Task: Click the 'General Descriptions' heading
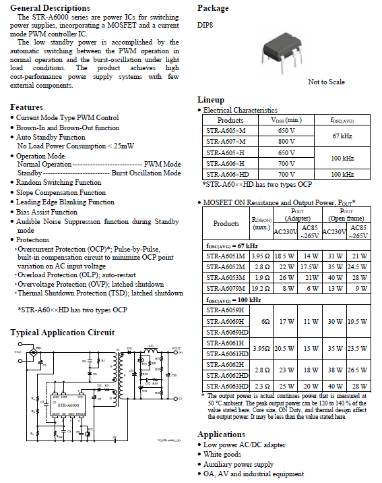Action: click(50, 7)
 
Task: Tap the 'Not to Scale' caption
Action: click(326, 82)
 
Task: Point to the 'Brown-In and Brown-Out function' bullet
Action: click(67, 127)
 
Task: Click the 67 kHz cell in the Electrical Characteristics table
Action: click(342, 136)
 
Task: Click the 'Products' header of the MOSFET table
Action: click(226, 223)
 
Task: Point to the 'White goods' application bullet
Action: click(224, 454)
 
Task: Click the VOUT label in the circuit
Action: click(177, 348)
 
